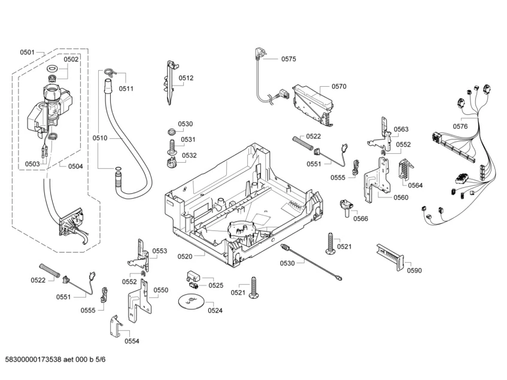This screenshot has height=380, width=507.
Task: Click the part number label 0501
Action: coord(27,52)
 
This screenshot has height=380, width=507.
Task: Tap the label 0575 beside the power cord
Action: coord(289,59)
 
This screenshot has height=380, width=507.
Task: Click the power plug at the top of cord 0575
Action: coord(260,53)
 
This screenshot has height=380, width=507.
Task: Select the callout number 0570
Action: coord(339,86)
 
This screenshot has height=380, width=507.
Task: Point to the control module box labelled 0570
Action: coord(312,104)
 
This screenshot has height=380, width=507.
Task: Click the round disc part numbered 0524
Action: coord(191,302)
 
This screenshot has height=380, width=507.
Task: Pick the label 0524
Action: coord(215,311)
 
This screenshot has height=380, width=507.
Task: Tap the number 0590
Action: coord(414,270)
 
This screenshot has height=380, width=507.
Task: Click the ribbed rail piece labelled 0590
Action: coord(390,257)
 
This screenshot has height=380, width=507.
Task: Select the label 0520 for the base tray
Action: coord(184,257)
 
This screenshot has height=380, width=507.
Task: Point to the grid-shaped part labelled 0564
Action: coord(405,169)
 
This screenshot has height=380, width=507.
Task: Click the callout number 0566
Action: coord(360,219)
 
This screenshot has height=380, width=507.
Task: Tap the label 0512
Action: coord(186,78)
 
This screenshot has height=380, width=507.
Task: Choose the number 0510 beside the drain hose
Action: coord(100,138)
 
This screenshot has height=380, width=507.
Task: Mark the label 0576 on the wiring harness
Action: coord(460,126)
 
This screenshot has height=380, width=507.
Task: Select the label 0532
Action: coord(189,156)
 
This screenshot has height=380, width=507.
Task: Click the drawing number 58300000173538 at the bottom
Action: coord(33,360)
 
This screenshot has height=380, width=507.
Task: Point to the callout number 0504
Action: coord(75,166)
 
